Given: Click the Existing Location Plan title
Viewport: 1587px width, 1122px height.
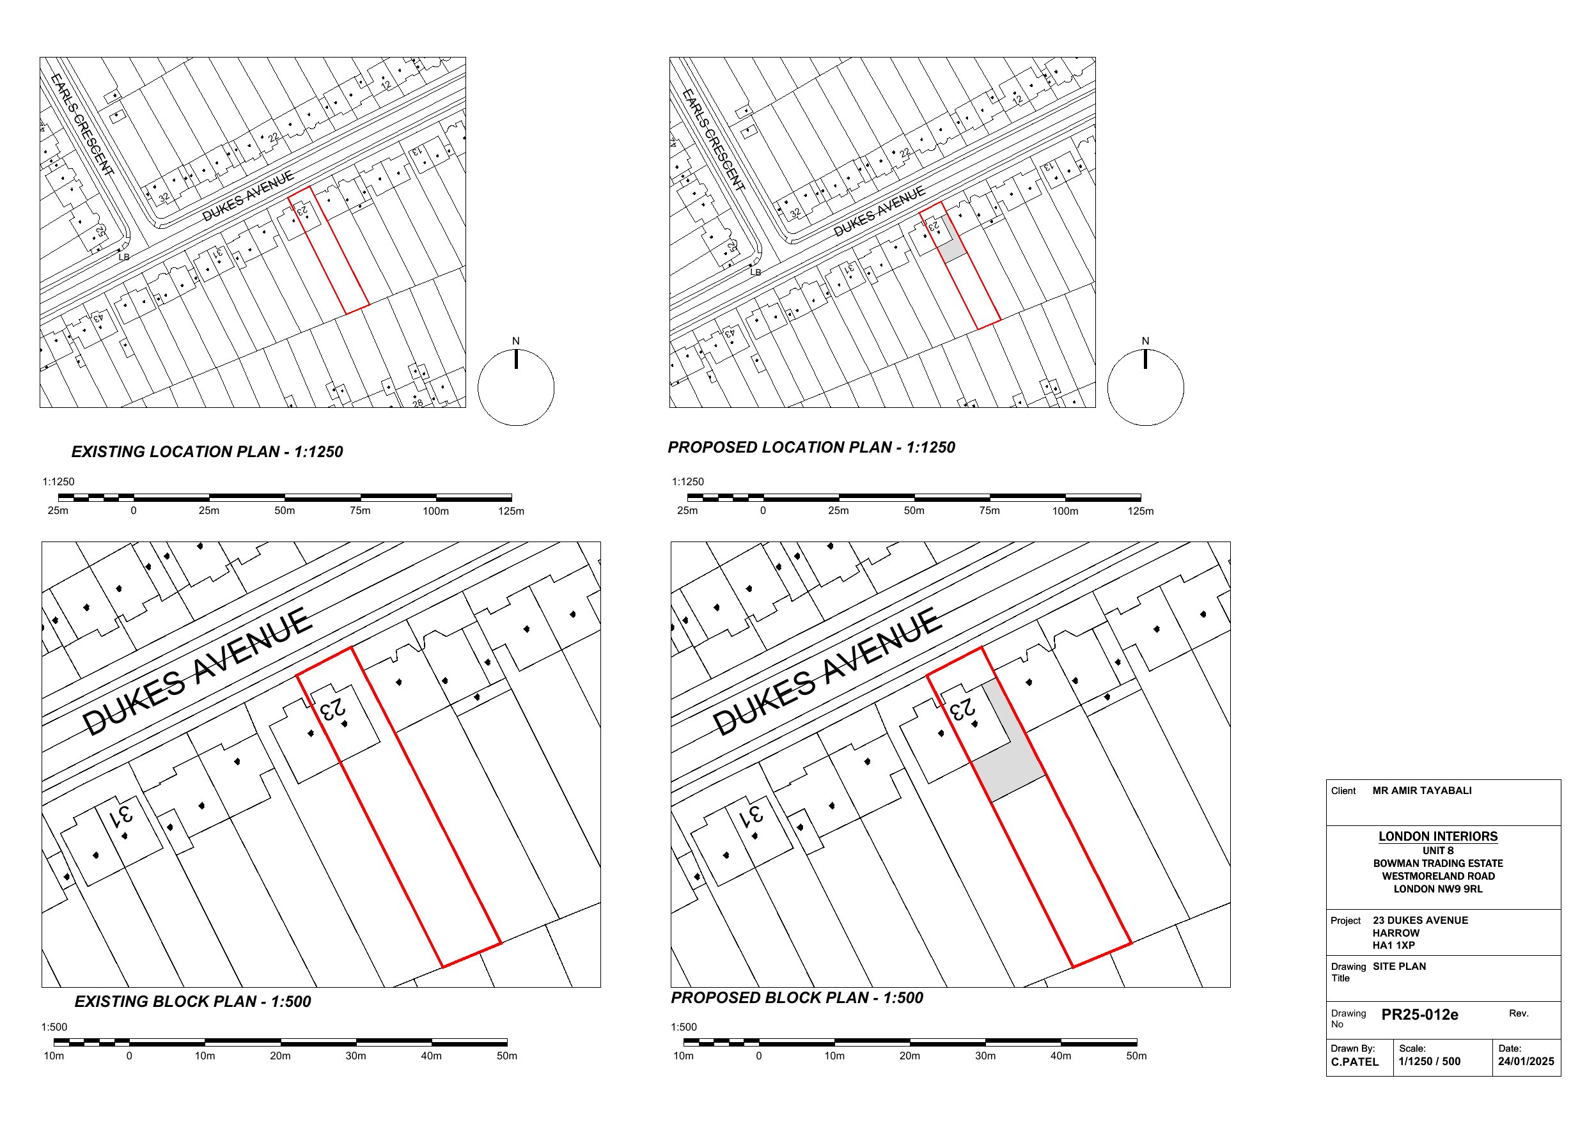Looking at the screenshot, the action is pyautogui.click(x=207, y=451).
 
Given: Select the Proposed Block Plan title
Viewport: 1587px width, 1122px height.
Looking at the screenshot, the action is pyautogui.click(x=797, y=997).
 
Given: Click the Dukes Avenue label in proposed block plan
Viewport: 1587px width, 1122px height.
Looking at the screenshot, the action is pyautogui.click(x=827, y=671).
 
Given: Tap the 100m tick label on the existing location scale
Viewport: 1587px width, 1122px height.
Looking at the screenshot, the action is pyautogui.click(x=435, y=511).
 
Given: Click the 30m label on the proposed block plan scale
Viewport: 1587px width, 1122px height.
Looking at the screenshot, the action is pyautogui.click(x=985, y=1056).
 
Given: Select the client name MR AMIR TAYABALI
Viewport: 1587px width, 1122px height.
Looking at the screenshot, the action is pyautogui.click(x=1422, y=791).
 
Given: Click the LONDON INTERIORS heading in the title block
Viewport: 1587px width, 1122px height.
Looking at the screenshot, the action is pyautogui.click(x=1438, y=836).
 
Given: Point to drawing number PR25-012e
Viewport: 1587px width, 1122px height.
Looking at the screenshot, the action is pyautogui.click(x=1419, y=1015).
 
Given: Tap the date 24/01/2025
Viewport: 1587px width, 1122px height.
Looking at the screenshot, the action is pyautogui.click(x=1526, y=1062).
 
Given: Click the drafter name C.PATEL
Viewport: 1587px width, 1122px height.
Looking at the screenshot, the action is pyautogui.click(x=1355, y=1062).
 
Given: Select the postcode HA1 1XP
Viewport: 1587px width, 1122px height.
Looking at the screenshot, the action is pyautogui.click(x=1393, y=946).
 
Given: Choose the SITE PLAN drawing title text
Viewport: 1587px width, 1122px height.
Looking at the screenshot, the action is pyautogui.click(x=1399, y=967).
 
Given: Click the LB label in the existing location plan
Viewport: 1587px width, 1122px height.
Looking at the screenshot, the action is pyautogui.click(x=124, y=257).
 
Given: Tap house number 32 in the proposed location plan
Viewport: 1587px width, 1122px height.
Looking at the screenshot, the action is pyautogui.click(x=795, y=213).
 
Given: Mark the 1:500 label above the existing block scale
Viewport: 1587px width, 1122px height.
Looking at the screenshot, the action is pyautogui.click(x=54, y=1027).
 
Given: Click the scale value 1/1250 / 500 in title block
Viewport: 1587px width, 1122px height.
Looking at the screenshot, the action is pyautogui.click(x=1430, y=1062).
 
